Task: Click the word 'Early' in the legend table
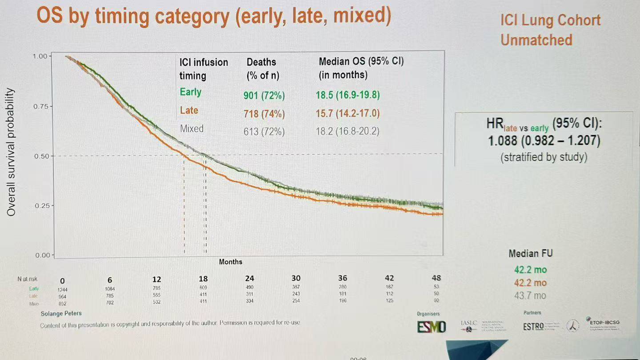[x=191, y=92]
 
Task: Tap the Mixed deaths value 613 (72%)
[x=264, y=132]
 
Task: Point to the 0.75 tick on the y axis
[x=43, y=107]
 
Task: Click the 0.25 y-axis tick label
[x=43, y=206]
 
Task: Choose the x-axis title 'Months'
[x=231, y=262]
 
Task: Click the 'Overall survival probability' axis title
[x=11, y=152]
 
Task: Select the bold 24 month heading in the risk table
[x=249, y=279]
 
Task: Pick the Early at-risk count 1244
[x=62, y=289]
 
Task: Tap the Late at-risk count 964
[x=62, y=296]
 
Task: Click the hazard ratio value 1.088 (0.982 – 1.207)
[x=544, y=141]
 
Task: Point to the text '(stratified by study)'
[x=544, y=157]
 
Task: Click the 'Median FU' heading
[x=531, y=254]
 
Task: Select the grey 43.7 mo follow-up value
[x=531, y=296]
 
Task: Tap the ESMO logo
[x=431, y=327]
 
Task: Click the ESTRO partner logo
[x=533, y=327]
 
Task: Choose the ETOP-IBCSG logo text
[x=604, y=322]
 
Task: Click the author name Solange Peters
[x=61, y=313]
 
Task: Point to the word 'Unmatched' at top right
[x=536, y=40]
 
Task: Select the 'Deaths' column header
[x=261, y=62]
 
